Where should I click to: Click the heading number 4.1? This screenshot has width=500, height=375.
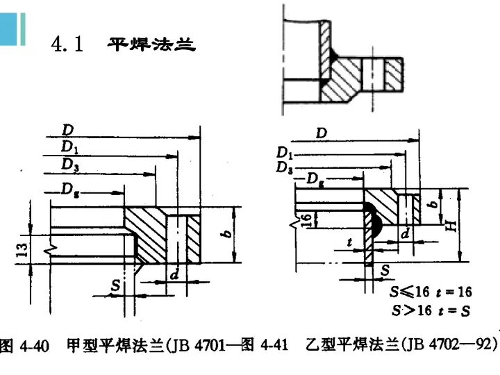pyautogui.click(x=67, y=45)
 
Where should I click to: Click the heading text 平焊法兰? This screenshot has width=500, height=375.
pyautogui.click(x=151, y=45)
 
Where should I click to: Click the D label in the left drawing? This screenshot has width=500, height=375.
pyautogui.click(x=67, y=130)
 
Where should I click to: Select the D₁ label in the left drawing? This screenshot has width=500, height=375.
pyautogui.click(x=69, y=147)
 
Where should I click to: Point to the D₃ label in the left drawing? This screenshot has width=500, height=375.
pyautogui.click(x=69, y=164)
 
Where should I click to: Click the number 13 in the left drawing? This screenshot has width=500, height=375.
pyautogui.click(x=23, y=247)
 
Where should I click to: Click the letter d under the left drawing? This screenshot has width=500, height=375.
pyautogui.click(x=174, y=275)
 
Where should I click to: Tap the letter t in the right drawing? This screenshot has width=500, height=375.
pyautogui.click(x=349, y=243)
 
